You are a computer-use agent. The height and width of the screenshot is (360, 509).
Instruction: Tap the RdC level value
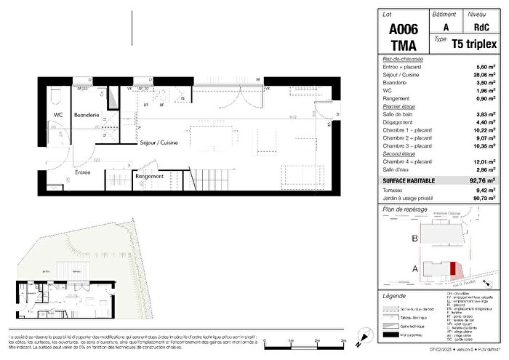pyautogui.click(x=476, y=28)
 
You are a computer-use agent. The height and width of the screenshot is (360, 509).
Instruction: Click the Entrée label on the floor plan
pyautogui.click(x=63, y=173)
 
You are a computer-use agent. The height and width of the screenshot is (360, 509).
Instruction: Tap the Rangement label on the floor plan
pyautogui.click(x=149, y=176)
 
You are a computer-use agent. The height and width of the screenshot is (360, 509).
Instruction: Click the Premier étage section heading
pyautogui.click(x=399, y=106)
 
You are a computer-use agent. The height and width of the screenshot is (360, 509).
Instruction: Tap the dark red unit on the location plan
pyautogui.click(x=454, y=270)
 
